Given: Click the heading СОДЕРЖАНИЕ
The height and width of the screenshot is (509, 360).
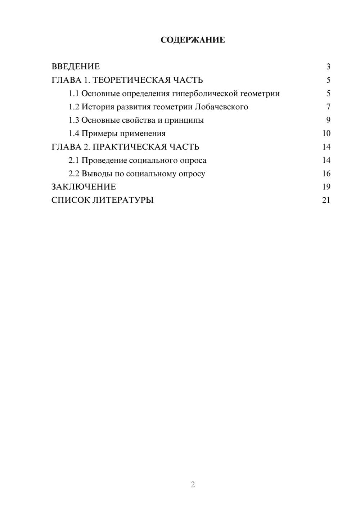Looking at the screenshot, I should click(x=193, y=40).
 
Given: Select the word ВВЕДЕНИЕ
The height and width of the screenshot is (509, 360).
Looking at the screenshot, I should click(x=76, y=67).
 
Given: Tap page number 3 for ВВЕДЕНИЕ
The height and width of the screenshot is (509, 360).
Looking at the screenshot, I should click(x=328, y=67).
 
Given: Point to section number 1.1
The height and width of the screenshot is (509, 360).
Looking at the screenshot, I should click(x=74, y=94).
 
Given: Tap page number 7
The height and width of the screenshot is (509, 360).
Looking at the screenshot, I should click(x=328, y=107).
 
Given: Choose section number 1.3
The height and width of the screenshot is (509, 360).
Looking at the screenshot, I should click(x=74, y=120).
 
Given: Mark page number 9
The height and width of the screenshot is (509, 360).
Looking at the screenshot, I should click(x=328, y=120).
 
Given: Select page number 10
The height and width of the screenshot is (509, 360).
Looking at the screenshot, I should click(x=326, y=134).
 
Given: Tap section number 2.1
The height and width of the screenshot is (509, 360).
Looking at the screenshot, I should click(x=74, y=160).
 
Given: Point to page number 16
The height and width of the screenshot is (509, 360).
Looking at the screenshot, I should click(x=326, y=174).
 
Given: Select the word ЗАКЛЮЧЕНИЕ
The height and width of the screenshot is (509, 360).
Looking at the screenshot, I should click(x=84, y=187).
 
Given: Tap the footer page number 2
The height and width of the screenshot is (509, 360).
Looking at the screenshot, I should click(x=193, y=485).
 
